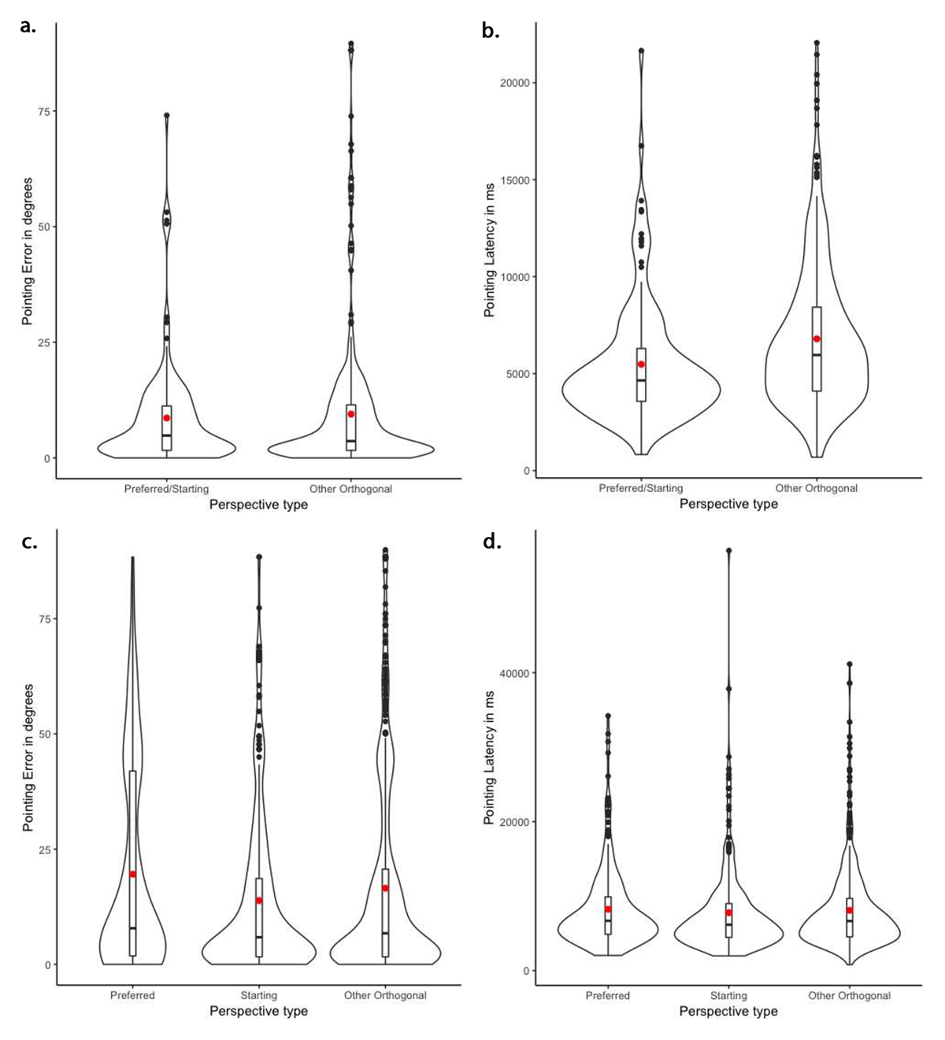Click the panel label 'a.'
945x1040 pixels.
pyautogui.click(x=28, y=26)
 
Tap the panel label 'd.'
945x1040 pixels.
pyautogui.click(x=491, y=542)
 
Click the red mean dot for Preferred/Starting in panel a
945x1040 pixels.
pyautogui.click(x=167, y=418)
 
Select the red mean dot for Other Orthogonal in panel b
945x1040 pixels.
pyautogui.click(x=817, y=339)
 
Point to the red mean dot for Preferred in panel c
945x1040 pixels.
pyautogui.click(x=133, y=874)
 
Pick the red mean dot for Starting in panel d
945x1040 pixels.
pyautogui.click(x=728, y=913)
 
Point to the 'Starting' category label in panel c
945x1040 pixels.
pyautogui.click(x=258, y=995)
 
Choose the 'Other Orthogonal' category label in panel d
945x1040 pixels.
pyautogui.click(x=849, y=995)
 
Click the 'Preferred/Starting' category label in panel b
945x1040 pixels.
pyautogui.click(x=641, y=488)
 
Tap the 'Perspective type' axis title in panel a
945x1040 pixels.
pyautogui.click(x=258, y=505)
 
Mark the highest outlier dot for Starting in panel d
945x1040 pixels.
pyautogui.click(x=728, y=551)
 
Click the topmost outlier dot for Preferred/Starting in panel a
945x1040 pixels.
pyautogui.click(x=167, y=116)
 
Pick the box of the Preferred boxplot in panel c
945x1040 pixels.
pyautogui.click(x=133, y=827)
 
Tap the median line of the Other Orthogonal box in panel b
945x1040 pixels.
pyautogui.click(x=817, y=355)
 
